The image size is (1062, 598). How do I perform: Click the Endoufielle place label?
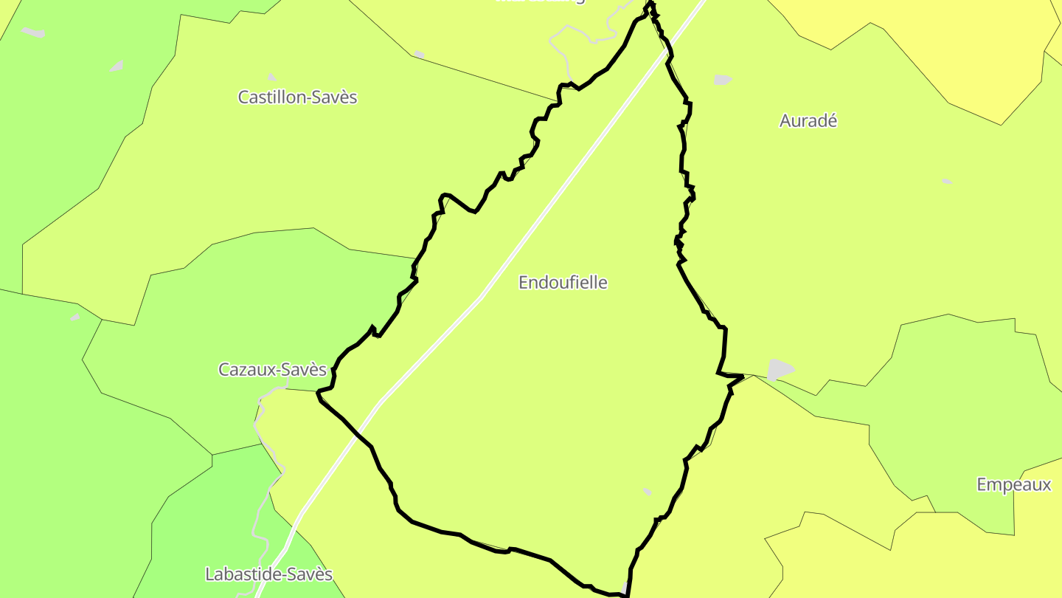pyautogui.click(x=563, y=282)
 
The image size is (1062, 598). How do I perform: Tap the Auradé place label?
pyautogui.click(x=808, y=121)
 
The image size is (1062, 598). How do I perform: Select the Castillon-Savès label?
pyautogui.click(x=297, y=97)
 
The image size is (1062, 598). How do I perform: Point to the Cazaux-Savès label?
pyautogui.click(x=272, y=369)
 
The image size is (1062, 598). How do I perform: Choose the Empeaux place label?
pyautogui.click(x=1013, y=485)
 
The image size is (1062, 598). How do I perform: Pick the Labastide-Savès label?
pyautogui.click(x=268, y=574)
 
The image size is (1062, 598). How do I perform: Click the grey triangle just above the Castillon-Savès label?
pyautogui.click(x=271, y=77)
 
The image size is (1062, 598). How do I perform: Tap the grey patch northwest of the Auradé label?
pyautogui.click(x=723, y=80)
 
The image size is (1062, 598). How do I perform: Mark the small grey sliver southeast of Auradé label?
pyautogui.click(x=947, y=181)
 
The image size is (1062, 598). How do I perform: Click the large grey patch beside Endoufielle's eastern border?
pyautogui.click(x=780, y=368)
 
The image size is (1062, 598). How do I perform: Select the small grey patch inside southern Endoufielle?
pyautogui.click(x=647, y=492)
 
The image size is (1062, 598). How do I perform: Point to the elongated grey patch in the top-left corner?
pyautogui.click(x=33, y=32)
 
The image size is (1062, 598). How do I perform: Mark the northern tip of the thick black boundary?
pyautogui.click(x=650, y=4)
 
